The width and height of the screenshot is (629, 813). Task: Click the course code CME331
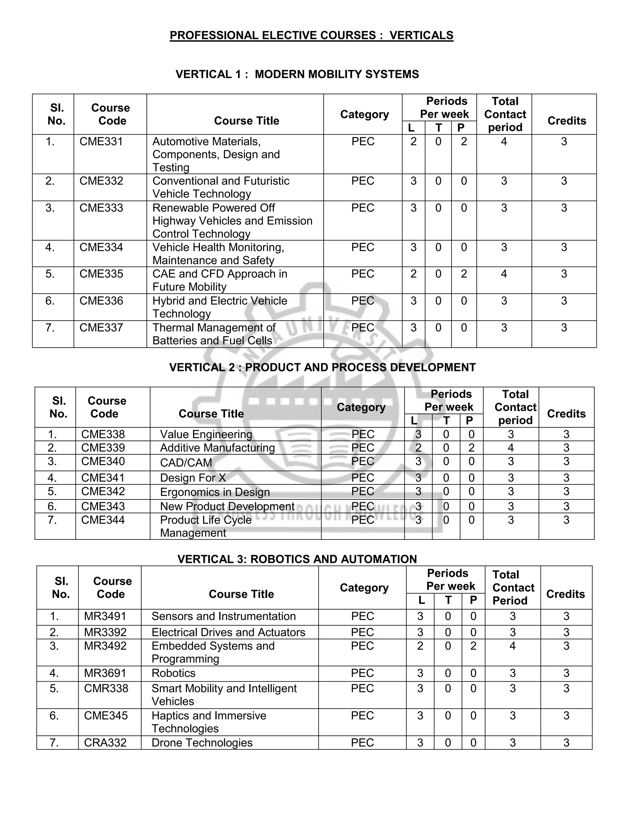pyautogui.click(x=101, y=142)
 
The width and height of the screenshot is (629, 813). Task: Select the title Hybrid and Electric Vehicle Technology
pyautogui.click(x=220, y=307)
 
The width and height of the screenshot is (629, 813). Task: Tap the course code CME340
pyautogui.click(x=103, y=462)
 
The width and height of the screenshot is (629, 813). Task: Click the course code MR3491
pyautogui.click(x=105, y=616)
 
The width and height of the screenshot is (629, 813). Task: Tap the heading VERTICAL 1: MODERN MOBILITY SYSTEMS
pyautogui.click(x=297, y=75)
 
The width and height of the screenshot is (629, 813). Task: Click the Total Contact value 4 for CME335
pyautogui.click(x=504, y=274)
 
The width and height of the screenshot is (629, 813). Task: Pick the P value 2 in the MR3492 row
pyautogui.click(x=473, y=646)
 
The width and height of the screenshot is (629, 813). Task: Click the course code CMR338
pyautogui.click(x=106, y=688)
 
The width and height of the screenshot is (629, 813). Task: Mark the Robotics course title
pyautogui.click(x=173, y=673)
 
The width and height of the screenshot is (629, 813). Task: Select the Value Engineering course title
pyautogui.click(x=206, y=434)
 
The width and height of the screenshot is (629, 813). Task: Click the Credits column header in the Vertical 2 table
pyautogui.click(x=566, y=414)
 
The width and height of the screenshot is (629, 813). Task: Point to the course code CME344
pyautogui.click(x=103, y=520)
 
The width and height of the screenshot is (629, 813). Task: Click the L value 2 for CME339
pyautogui.click(x=418, y=448)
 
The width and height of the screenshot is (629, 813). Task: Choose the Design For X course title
pyautogui.click(x=193, y=478)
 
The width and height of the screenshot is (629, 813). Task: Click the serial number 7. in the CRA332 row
pyautogui.click(x=54, y=743)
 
